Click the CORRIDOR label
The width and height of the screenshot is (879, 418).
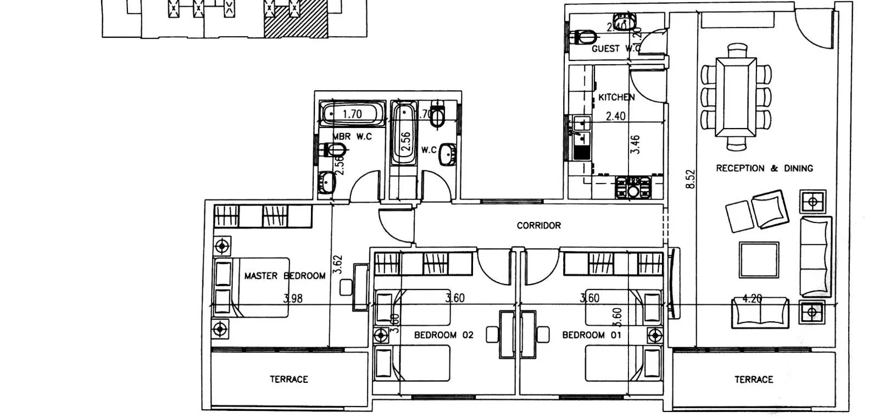(x=538, y=225)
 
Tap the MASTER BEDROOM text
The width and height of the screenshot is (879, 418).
(x=285, y=276)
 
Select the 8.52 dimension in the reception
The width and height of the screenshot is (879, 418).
(x=691, y=179)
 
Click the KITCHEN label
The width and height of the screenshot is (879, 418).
(x=616, y=97)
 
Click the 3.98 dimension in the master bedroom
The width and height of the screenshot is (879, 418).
(x=292, y=299)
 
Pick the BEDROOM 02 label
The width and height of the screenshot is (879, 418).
(x=443, y=335)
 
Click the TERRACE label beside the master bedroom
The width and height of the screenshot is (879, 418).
(x=288, y=379)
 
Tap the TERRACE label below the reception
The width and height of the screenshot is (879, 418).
(x=753, y=379)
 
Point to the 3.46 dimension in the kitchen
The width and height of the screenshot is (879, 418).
(x=636, y=144)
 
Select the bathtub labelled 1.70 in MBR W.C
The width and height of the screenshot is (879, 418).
(x=352, y=114)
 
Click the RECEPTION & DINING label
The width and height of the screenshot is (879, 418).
(x=764, y=168)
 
